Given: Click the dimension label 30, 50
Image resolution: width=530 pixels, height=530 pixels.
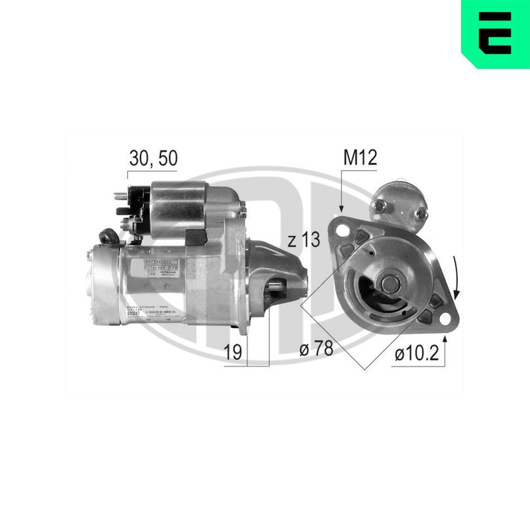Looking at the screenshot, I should pos(153,158).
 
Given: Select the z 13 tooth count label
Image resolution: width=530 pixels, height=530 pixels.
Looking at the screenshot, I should pos(304,240).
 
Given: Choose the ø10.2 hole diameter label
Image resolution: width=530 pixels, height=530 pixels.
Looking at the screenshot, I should pos(416,353).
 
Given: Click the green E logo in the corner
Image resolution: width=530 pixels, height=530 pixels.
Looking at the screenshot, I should pos(495,34).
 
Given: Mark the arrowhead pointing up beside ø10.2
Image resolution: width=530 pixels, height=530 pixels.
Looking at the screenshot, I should pos(445,339).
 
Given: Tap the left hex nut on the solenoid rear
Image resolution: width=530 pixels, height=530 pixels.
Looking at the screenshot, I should pos(379,206).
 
